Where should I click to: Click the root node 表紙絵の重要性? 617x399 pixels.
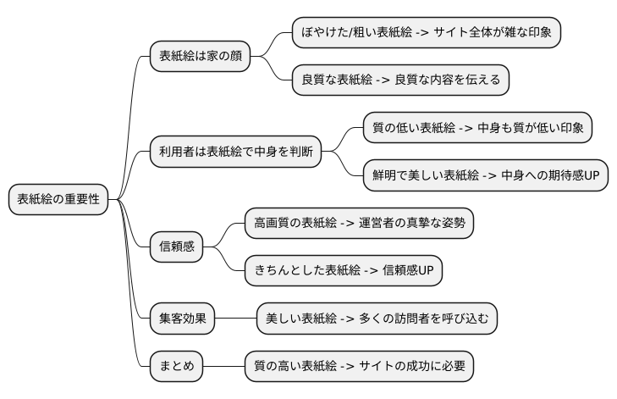(x=58, y=200)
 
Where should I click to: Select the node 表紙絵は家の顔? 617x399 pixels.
(x=200, y=57)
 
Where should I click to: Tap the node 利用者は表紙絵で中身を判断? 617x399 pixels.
(x=235, y=152)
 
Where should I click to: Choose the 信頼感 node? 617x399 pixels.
(x=177, y=247)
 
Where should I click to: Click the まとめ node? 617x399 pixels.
(x=176, y=367)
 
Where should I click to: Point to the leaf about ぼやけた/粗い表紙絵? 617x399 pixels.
(x=426, y=33)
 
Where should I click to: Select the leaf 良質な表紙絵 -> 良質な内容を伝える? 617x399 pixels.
(x=400, y=80)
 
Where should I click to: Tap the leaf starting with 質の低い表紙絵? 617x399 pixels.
(x=477, y=129)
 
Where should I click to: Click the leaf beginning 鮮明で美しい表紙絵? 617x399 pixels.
(x=485, y=176)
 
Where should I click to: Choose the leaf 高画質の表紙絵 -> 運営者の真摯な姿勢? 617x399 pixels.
(x=359, y=224)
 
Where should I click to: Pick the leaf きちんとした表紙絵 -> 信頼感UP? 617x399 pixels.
(x=343, y=271)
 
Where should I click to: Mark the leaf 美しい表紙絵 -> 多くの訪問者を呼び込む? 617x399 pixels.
(x=377, y=319)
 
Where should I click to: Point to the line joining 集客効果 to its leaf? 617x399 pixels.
(x=235, y=319)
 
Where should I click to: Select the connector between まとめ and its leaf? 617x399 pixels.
(x=223, y=367)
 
